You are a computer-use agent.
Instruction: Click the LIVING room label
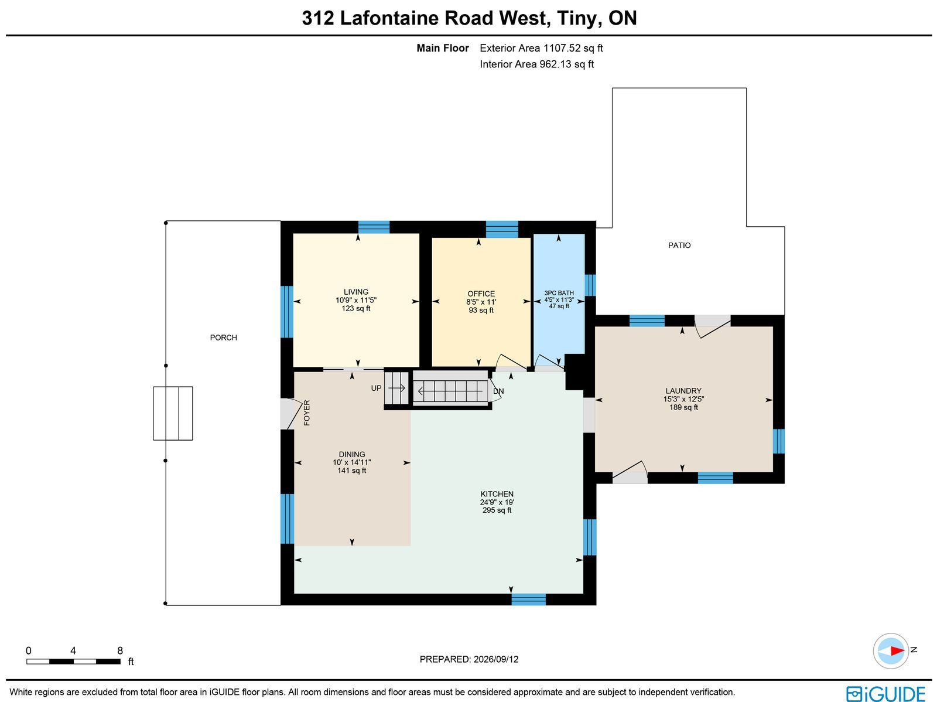point(355,292)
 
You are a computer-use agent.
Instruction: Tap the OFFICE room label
point(481,294)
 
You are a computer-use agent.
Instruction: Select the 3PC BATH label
point(559,293)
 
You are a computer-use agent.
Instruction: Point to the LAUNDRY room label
point(683,391)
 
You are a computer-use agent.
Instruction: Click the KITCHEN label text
point(497,494)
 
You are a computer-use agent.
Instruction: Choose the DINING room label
point(352,454)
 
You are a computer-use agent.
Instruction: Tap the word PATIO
point(679,245)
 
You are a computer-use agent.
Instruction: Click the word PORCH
point(223,338)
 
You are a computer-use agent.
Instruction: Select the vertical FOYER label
point(306,413)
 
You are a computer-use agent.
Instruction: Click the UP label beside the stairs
point(376,388)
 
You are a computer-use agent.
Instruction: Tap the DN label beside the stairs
point(498,391)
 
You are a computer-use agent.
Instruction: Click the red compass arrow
point(897,651)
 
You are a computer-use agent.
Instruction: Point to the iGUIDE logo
point(885,693)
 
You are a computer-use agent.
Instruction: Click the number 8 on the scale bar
point(120,650)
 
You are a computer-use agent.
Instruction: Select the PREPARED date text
point(468,659)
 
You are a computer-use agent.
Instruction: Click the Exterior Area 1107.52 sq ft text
point(541,48)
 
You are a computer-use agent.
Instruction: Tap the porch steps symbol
point(173,413)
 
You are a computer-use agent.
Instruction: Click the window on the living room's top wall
point(374,227)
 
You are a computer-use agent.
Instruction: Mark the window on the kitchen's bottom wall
point(528,599)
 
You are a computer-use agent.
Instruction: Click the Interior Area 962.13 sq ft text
point(536,64)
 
